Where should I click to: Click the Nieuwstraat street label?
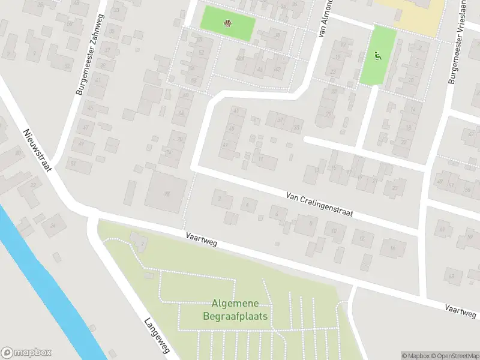pos(37,150)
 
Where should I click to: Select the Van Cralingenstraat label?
pos(319,204)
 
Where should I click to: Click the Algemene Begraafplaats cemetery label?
pos(239,310)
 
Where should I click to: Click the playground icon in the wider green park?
pos(228,24)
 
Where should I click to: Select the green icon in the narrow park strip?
pos(378,57)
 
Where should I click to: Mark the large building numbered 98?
pos(166,193)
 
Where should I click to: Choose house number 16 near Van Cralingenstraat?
pos(393,247)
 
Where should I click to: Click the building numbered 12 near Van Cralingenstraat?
pos(362,239)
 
